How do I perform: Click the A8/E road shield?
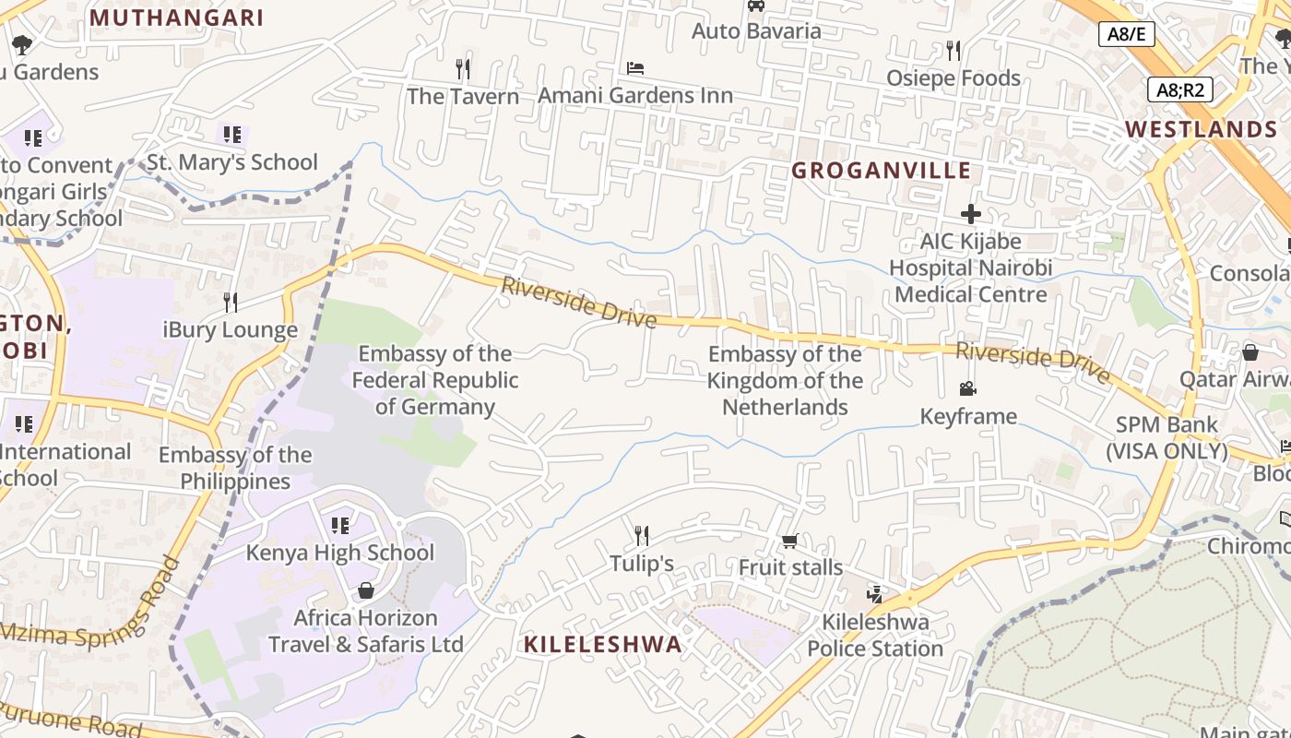coord(1127,34)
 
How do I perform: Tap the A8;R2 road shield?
coord(1180,89)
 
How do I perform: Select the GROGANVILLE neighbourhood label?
coord(881,171)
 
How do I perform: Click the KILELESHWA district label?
coord(603,644)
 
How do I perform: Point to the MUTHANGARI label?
coord(176,18)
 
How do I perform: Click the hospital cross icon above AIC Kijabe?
coord(970,214)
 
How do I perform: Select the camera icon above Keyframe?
coord(967,389)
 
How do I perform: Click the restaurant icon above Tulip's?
coord(642,535)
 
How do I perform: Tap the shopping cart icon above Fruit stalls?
coord(789,541)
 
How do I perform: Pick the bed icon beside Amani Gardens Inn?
coord(635,68)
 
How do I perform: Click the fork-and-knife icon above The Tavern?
coord(463,68)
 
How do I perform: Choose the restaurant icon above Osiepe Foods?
coord(953,51)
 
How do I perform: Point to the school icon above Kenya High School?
coord(339,525)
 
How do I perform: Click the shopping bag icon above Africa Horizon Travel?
coord(366,590)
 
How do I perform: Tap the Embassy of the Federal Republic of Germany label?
coord(435,380)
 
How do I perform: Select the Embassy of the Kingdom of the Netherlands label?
coord(785,380)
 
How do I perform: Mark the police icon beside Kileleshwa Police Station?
coord(874,594)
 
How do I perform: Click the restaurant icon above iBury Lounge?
coord(231,302)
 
